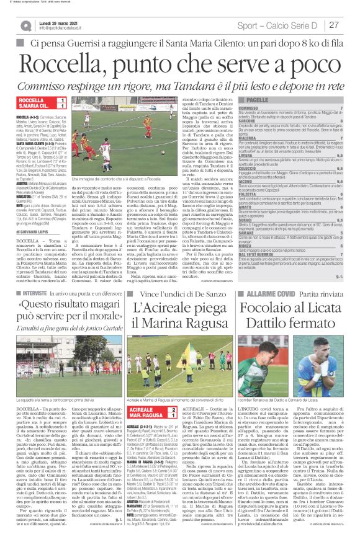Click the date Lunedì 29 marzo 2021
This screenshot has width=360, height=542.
pos(63,21)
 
